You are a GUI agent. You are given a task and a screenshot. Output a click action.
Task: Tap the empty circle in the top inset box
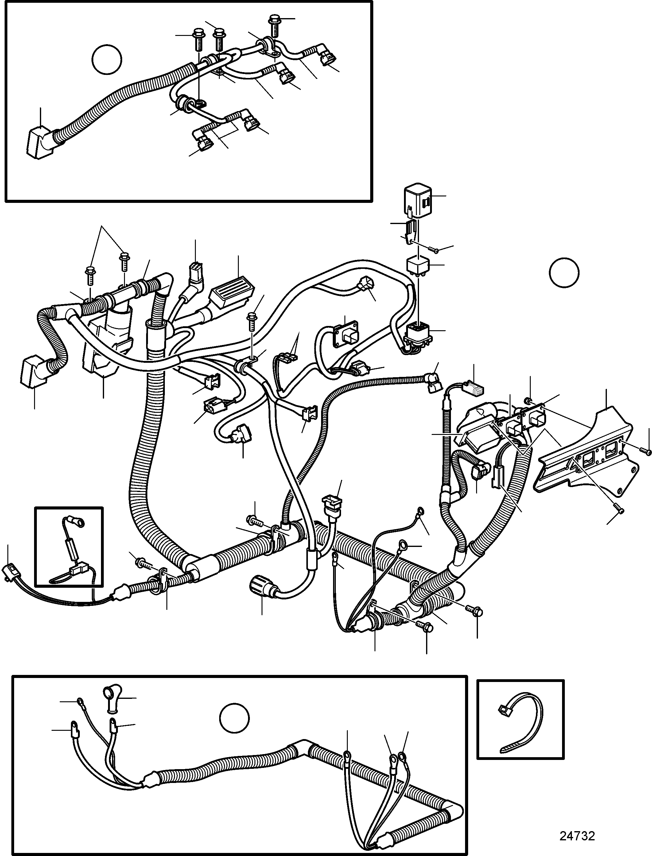tap(107, 60)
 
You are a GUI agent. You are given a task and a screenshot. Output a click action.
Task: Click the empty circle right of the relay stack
tap(564, 273)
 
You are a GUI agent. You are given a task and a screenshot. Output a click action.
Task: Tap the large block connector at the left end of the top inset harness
tap(38, 143)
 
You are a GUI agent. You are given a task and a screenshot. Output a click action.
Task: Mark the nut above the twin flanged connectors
tap(528, 400)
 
